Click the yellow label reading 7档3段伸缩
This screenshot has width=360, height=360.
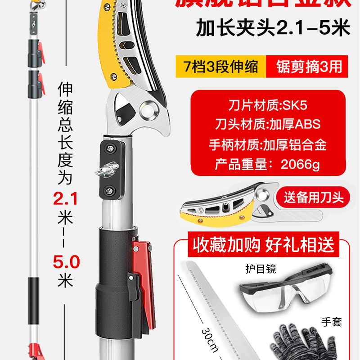220,66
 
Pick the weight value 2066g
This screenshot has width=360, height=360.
300,164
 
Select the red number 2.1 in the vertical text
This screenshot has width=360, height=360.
66,198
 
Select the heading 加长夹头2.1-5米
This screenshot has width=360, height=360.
273,29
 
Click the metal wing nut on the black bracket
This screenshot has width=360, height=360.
106,171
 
